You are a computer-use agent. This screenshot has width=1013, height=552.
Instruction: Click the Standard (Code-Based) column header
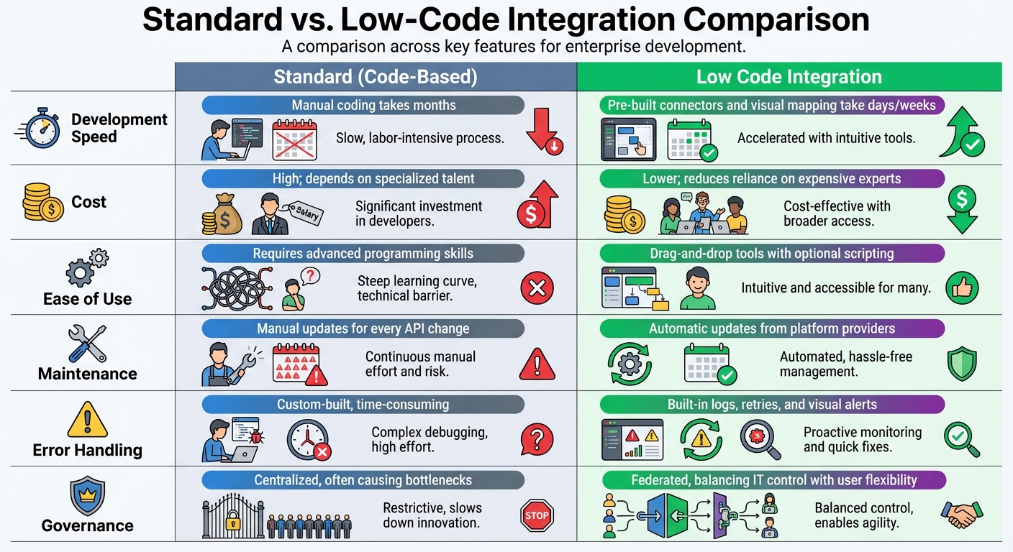(375, 77)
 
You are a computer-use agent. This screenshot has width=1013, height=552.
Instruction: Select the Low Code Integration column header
(789, 77)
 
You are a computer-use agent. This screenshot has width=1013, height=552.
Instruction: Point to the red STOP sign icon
(537, 515)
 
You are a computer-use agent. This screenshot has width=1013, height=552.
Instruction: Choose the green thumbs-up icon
(963, 288)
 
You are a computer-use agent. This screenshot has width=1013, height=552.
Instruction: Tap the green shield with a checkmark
(962, 364)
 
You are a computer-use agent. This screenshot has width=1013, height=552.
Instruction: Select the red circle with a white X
(537, 289)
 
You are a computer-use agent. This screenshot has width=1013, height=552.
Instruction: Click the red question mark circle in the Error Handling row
(537, 438)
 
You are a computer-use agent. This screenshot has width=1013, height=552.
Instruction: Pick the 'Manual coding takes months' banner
(363, 105)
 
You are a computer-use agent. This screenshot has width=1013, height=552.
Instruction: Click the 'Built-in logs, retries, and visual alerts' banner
(771, 404)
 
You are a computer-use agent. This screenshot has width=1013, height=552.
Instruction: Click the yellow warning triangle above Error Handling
(87, 420)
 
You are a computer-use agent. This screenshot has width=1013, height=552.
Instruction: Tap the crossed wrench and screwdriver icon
(87, 343)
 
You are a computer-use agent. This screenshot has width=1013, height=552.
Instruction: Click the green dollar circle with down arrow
(962, 208)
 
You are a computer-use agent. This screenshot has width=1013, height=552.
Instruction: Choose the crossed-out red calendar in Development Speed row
(295, 140)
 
